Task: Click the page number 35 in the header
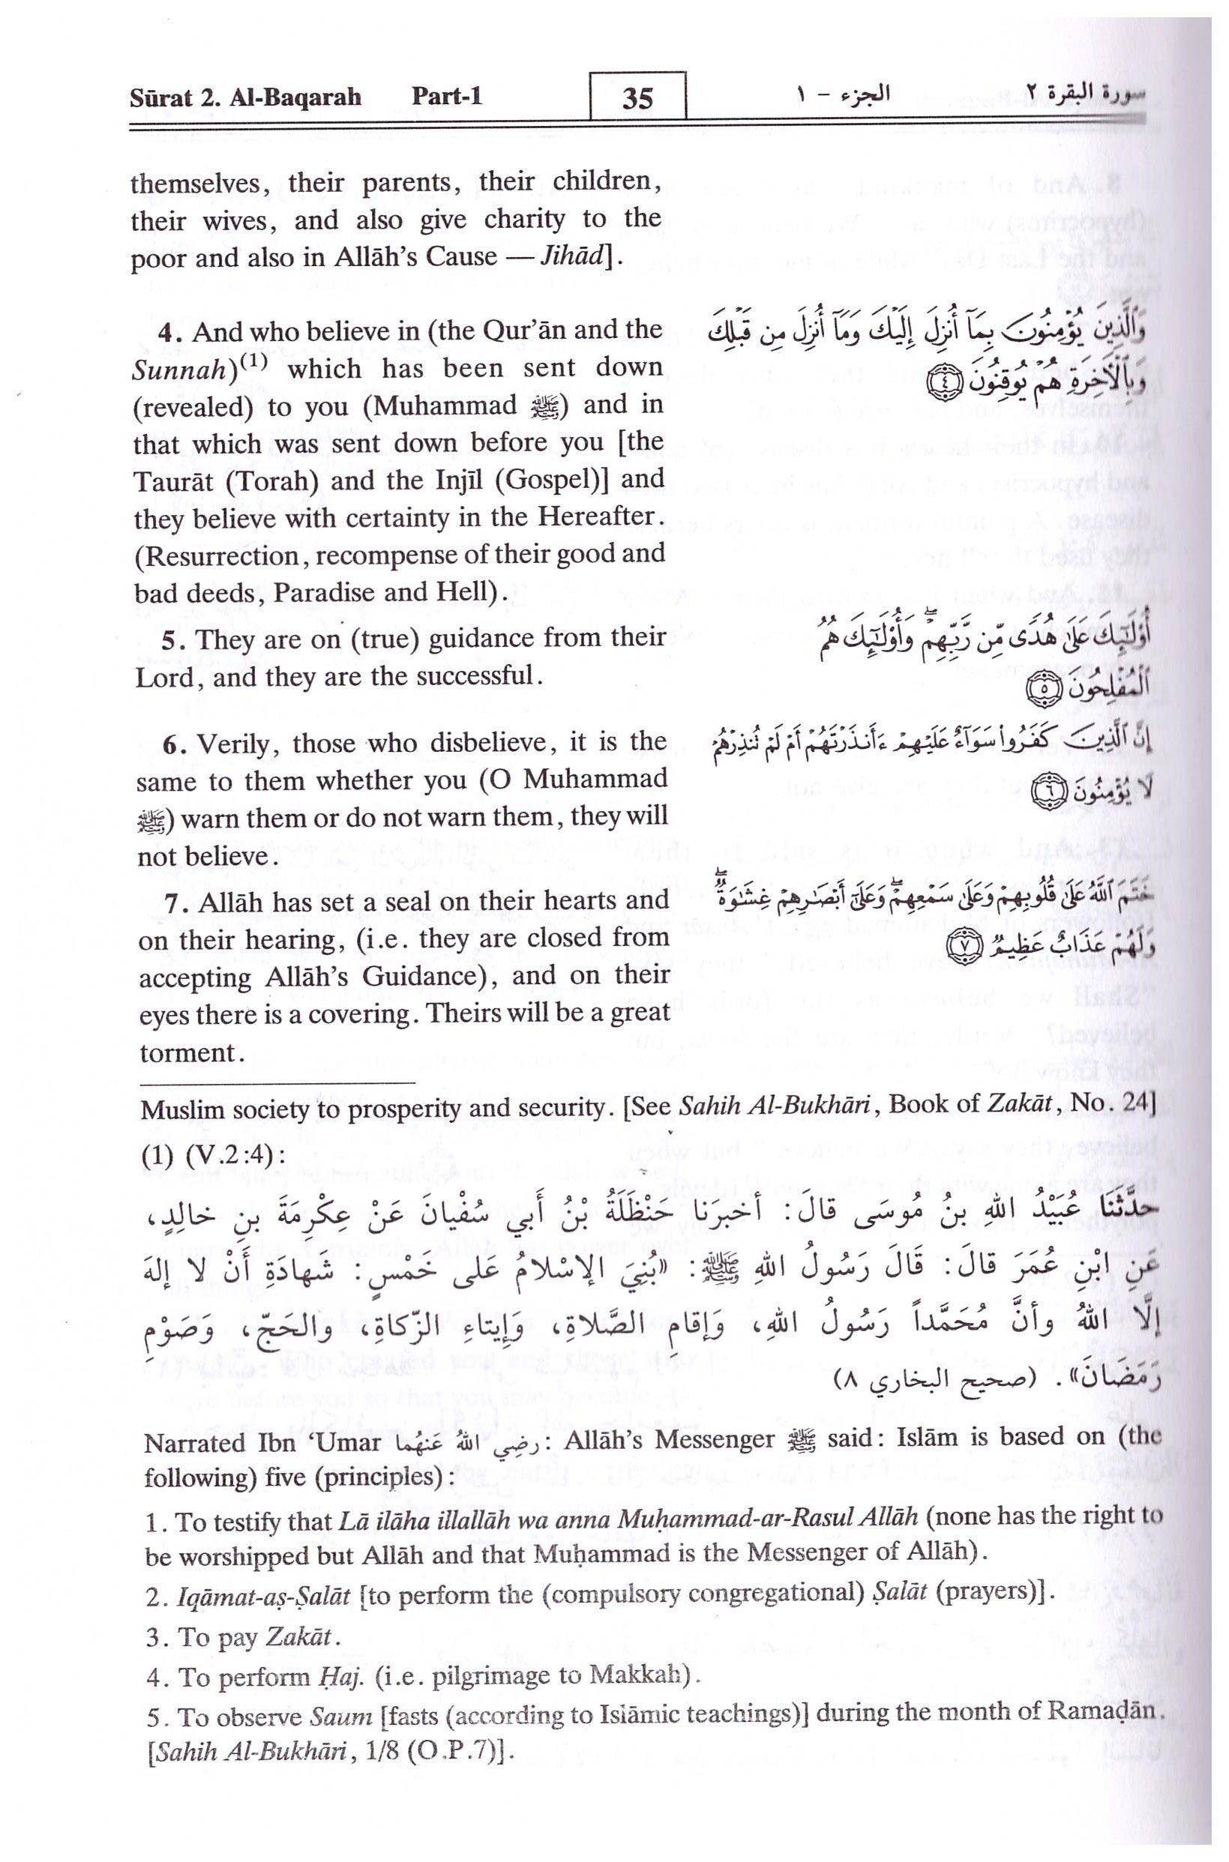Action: click(x=637, y=100)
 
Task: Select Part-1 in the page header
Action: click(x=447, y=97)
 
